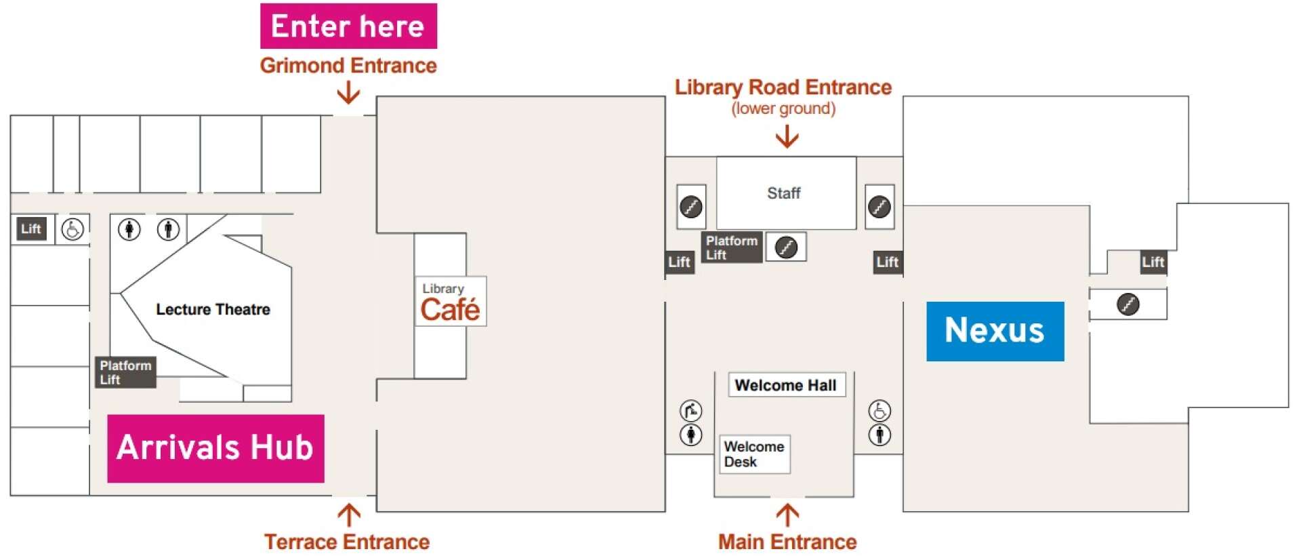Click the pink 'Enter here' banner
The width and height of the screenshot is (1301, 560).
348,26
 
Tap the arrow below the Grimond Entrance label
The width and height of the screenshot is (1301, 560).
348,92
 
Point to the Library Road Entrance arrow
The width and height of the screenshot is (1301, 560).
787,136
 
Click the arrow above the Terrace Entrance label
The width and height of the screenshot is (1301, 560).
349,515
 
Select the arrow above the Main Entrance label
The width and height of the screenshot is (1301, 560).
787,515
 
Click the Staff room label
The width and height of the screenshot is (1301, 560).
783,193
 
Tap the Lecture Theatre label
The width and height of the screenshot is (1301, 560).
213,309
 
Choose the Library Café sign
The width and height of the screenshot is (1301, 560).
451,302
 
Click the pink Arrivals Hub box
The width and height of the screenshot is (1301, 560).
215,448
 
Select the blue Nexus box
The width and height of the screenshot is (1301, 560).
995,331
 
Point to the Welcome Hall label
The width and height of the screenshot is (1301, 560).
786,385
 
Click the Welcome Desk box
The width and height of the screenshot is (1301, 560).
754,454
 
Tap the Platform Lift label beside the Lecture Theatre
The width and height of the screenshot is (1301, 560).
125,372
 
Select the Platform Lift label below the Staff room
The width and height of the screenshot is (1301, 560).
731,247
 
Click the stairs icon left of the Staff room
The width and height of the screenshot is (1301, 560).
691,206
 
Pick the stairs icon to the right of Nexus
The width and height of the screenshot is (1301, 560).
1128,304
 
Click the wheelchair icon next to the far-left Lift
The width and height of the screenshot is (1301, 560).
73,229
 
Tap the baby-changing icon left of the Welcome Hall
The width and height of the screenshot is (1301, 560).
690,410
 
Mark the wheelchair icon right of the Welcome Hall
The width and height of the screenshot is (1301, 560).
880,410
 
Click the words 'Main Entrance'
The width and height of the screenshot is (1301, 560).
787,542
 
